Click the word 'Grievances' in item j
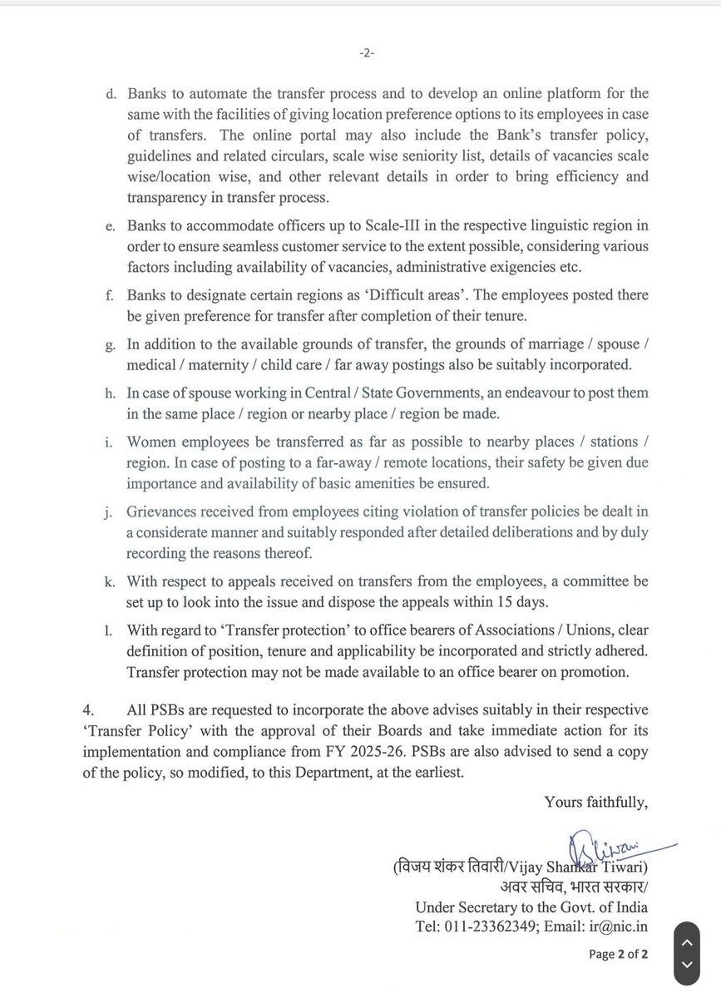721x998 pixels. [163, 511]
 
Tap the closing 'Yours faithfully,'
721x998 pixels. [595, 802]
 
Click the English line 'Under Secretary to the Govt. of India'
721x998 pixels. [531, 907]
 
